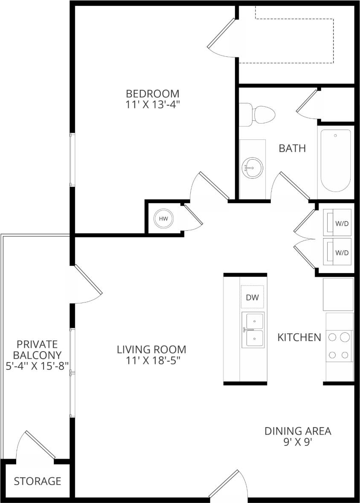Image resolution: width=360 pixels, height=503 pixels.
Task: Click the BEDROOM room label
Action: [152, 93]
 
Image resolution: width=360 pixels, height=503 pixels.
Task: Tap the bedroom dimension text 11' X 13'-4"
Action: [152, 105]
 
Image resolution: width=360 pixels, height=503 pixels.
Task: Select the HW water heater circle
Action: [163, 219]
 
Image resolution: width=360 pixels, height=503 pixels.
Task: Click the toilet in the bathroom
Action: [258, 114]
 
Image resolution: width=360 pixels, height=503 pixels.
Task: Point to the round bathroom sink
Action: [252, 168]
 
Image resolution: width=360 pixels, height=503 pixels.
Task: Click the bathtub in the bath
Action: [336, 160]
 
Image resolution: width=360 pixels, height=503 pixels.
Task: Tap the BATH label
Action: [292, 148]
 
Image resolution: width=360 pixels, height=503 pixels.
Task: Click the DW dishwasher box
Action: [253, 297]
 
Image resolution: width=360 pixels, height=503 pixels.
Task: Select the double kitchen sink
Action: [253, 330]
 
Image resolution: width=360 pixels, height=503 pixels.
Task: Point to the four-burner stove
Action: [340, 346]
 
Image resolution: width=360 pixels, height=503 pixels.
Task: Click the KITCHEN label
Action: [299, 337]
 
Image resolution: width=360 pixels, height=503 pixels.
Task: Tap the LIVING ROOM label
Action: [151, 350]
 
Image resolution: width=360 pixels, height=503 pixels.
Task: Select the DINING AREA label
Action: [298, 431]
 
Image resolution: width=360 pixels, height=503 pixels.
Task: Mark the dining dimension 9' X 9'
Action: [298, 442]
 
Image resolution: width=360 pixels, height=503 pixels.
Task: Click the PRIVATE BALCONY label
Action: [37, 349]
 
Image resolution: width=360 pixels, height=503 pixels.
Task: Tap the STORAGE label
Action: [38, 481]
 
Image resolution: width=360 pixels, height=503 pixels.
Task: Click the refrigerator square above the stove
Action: [338, 294]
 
